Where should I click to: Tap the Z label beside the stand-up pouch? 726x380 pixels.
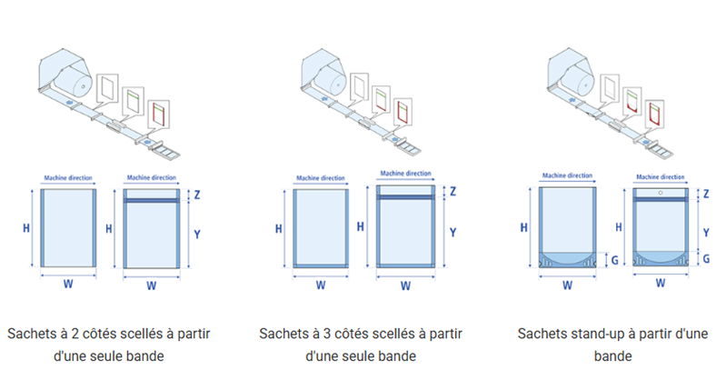706,194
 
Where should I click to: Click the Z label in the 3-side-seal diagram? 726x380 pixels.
453,192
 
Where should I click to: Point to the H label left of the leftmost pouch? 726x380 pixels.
25,227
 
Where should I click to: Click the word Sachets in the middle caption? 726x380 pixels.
286,334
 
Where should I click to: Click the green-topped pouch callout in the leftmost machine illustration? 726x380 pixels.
134,101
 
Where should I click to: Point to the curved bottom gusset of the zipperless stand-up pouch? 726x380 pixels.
569,256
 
